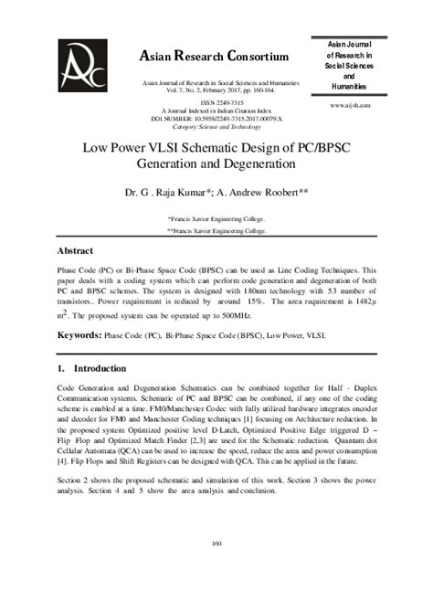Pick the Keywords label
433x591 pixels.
click(79, 335)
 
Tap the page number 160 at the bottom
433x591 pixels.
click(216, 544)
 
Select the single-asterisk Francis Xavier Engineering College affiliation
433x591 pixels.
click(216, 219)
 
